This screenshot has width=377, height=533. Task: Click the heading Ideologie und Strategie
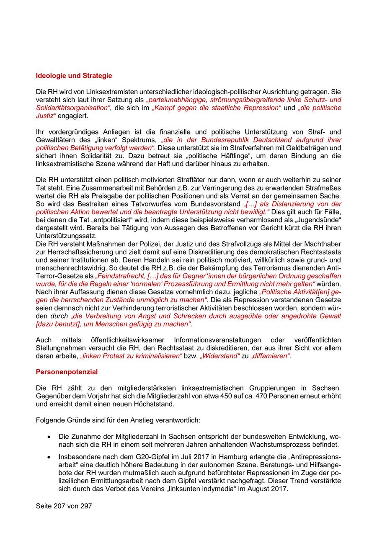74,76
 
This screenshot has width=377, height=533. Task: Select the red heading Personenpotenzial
67,371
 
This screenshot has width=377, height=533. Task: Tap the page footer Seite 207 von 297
64,506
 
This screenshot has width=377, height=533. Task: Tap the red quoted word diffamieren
270,356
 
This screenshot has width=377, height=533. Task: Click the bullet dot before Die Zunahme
49,436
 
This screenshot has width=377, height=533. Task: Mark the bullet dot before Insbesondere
49,456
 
